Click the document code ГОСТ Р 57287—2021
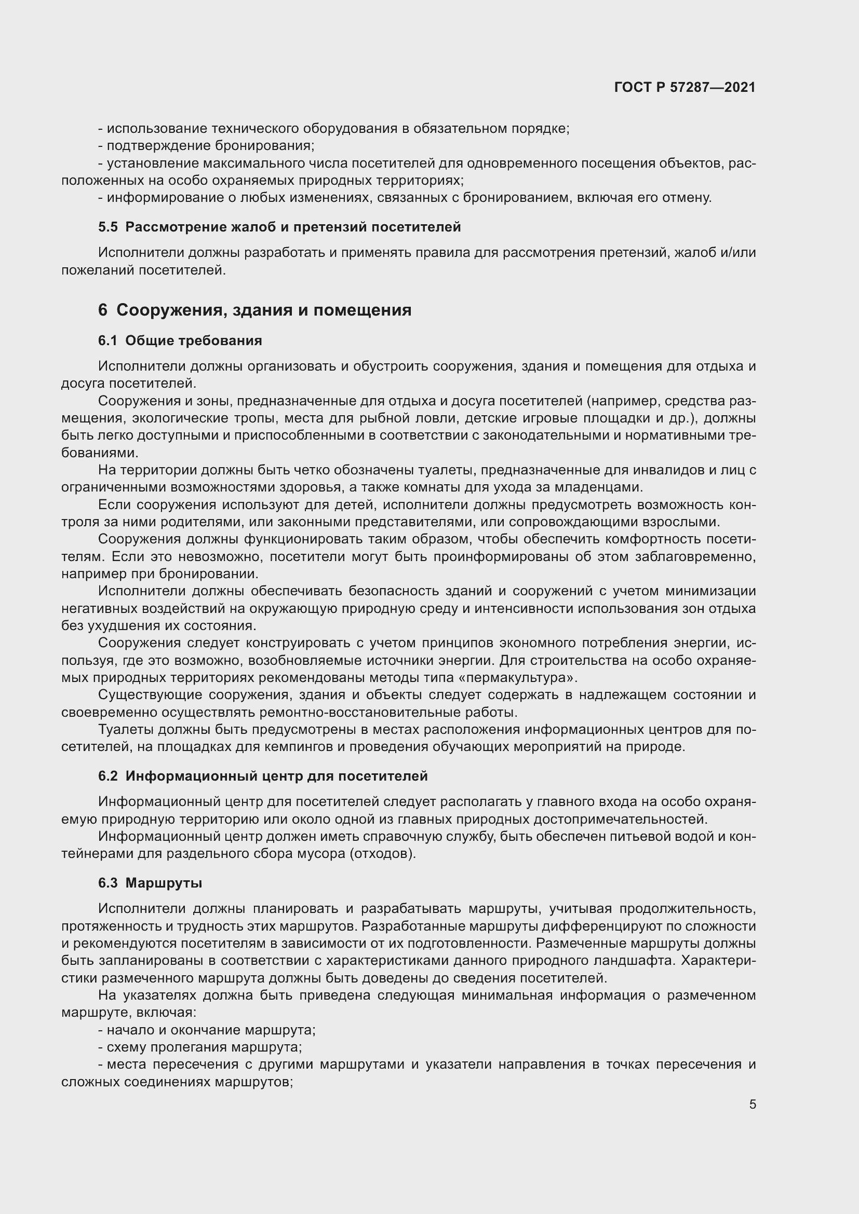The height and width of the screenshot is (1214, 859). [685, 87]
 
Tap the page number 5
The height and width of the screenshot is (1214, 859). [752, 1104]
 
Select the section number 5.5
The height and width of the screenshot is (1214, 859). [108, 227]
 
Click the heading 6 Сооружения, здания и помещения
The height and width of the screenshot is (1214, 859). [254, 310]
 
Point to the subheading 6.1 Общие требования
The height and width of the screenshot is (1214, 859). [180, 340]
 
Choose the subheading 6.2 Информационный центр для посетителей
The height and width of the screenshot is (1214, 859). [262, 776]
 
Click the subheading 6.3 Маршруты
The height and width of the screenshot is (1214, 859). [150, 883]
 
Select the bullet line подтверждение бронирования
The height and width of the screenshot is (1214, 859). [210, 146]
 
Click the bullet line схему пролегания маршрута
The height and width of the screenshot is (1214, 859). [204, 1047]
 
